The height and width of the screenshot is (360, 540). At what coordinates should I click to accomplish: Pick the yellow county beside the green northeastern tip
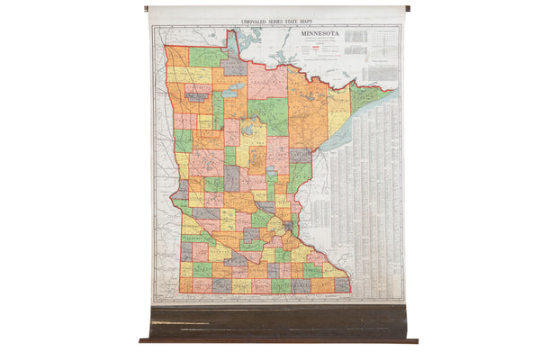(339, 112)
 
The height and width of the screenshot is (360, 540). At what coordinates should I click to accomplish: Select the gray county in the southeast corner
(342, 285)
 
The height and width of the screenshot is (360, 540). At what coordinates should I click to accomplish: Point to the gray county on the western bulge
(182, 190)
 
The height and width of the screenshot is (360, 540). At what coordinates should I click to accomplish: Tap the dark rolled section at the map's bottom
(279, 321)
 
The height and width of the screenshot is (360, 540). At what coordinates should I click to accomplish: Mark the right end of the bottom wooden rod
(415, 341)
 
